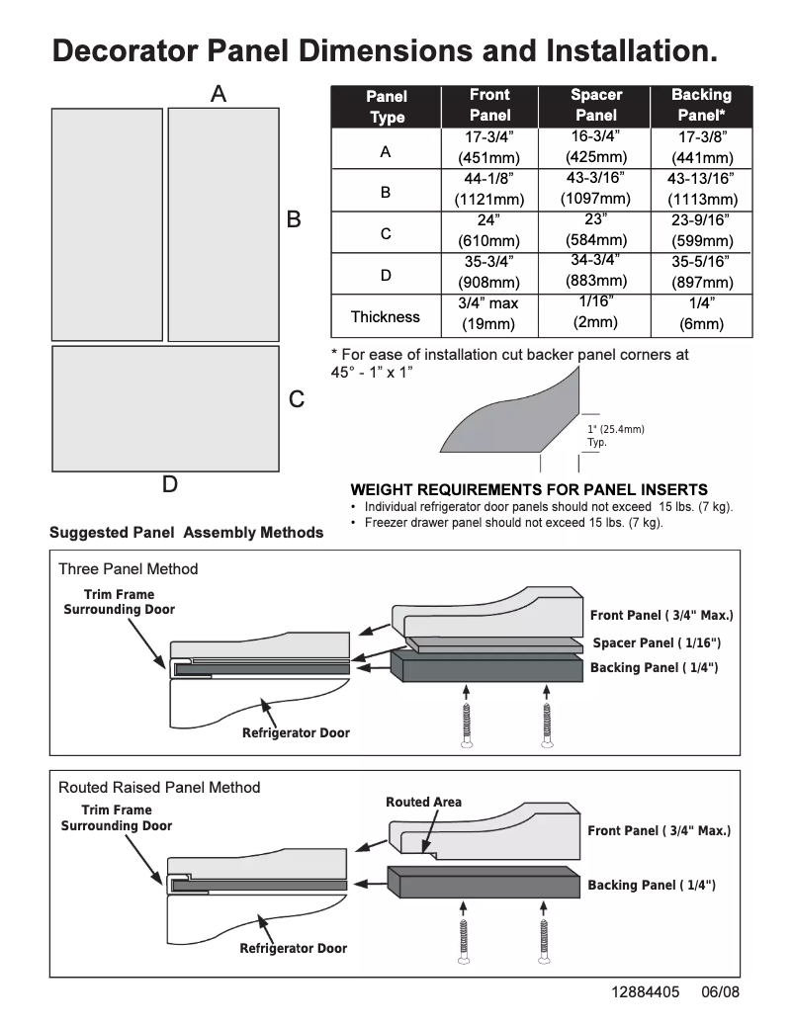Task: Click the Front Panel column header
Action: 489,106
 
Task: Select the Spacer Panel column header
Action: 596,106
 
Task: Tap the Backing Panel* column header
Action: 701,106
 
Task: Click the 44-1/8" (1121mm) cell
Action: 489,189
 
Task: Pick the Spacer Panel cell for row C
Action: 596,230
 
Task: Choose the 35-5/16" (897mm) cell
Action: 701,272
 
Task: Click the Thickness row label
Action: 386,317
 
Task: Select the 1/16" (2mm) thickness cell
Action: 596,312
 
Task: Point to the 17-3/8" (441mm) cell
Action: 701,147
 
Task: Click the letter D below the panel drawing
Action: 170,484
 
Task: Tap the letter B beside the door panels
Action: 294,219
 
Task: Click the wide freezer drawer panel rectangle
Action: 165,409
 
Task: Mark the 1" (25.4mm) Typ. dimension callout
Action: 615,436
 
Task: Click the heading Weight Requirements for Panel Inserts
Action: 529,489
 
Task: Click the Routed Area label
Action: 423,802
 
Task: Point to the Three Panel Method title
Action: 128,569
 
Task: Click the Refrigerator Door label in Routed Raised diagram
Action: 293,949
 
